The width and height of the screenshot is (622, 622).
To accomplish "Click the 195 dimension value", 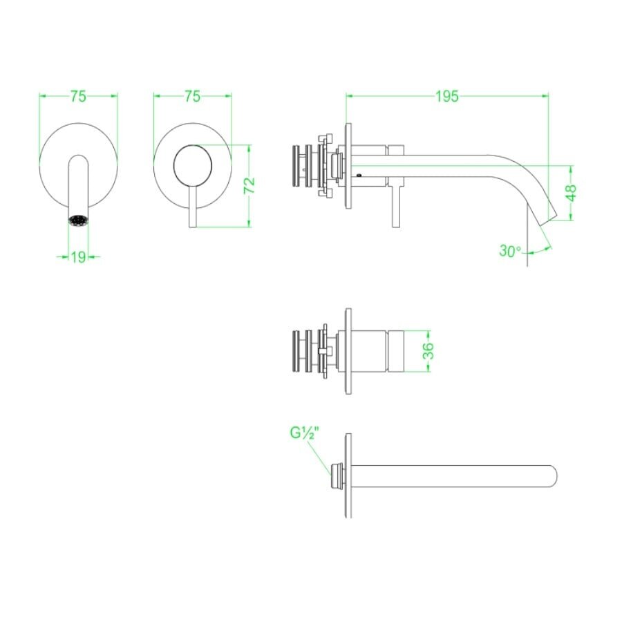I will coord(447,97).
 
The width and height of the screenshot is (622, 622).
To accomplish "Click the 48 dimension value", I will coord(571,193).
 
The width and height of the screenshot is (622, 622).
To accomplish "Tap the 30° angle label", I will coord(510,251).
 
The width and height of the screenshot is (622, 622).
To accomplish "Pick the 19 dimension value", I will coord(78,257).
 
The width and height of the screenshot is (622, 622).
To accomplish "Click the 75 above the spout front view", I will coord(78,97).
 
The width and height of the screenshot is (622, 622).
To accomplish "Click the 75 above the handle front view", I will coord(193,97).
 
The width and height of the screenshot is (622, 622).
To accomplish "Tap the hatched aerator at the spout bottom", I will coord(78,221).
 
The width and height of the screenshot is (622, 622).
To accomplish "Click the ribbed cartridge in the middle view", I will coord(301,351).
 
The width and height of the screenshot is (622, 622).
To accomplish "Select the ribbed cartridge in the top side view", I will coord(301,169).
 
